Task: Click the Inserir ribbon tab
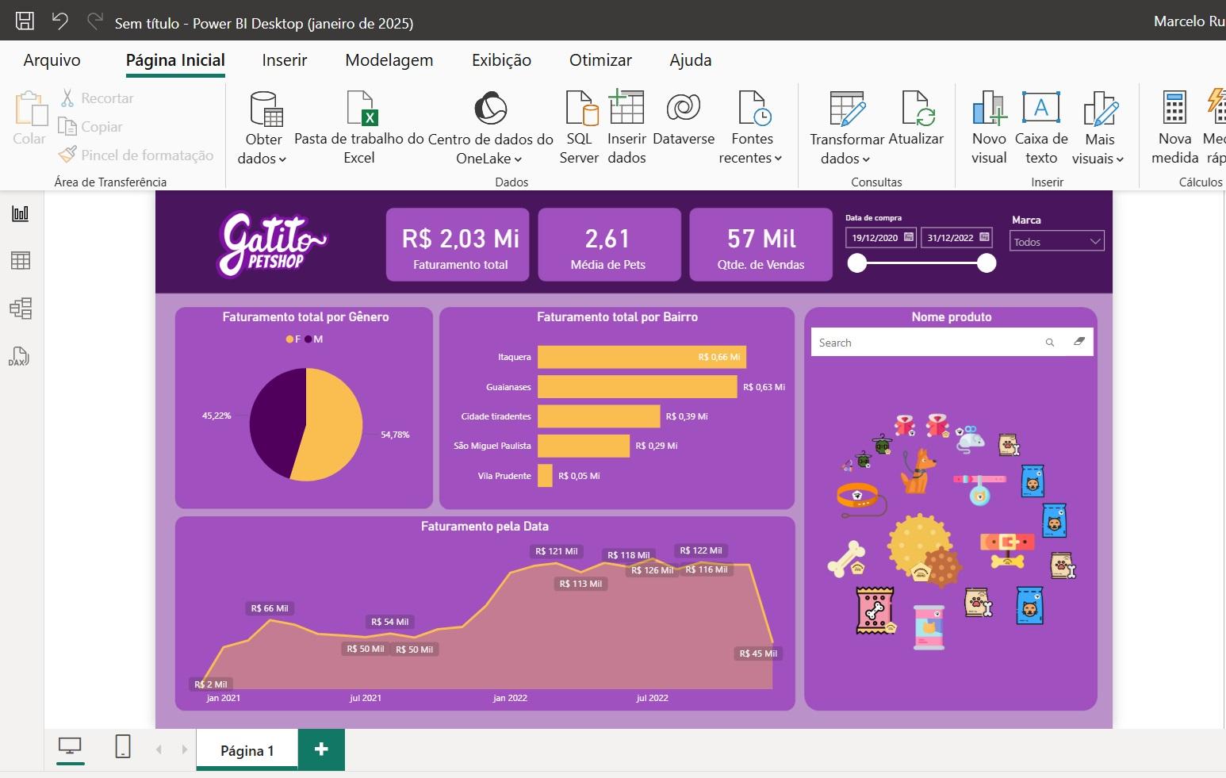pyautogui.click(x=284, y=60)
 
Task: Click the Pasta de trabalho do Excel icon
pyautogui.click(x=359, y=109)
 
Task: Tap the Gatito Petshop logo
pyautogui.click(x=271, y=243)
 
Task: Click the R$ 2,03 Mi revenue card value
pyautogui.click(x=460, y=239)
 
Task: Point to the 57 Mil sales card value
pyautogui.click(x=761, y=239)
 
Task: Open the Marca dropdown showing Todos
pyautogui.click(x=1056, y=242)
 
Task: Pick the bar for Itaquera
pyautogui.click(x=641, y=357)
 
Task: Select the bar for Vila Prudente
pyautogui.click(x=545, y=476)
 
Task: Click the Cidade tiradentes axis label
pyautogui.click(x=496, y=416)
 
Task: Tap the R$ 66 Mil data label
pyautogui.click(x=270, y=608)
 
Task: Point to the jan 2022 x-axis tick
pyautogui.click(x=510, y=698)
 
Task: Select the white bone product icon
pyautogui.click(x=846, y=557)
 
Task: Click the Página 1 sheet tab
pyautogui.click(x=247, y=750)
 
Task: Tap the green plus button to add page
pyautogui.click(x=321, y=749)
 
